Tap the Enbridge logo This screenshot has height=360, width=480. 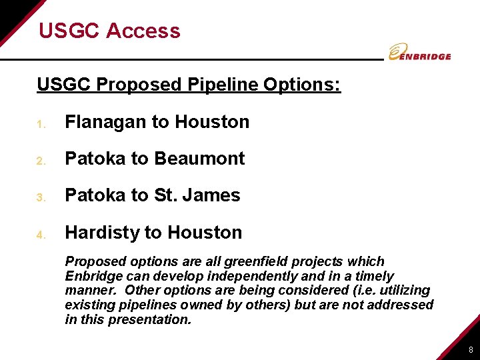tap(420, 53)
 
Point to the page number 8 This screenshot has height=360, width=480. tap(471, 350)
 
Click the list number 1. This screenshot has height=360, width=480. tap(41, 124)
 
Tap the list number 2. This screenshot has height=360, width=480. tap(41, 161)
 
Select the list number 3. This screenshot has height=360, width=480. tap(41, 197)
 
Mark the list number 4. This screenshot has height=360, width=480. tap(41, 235)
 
